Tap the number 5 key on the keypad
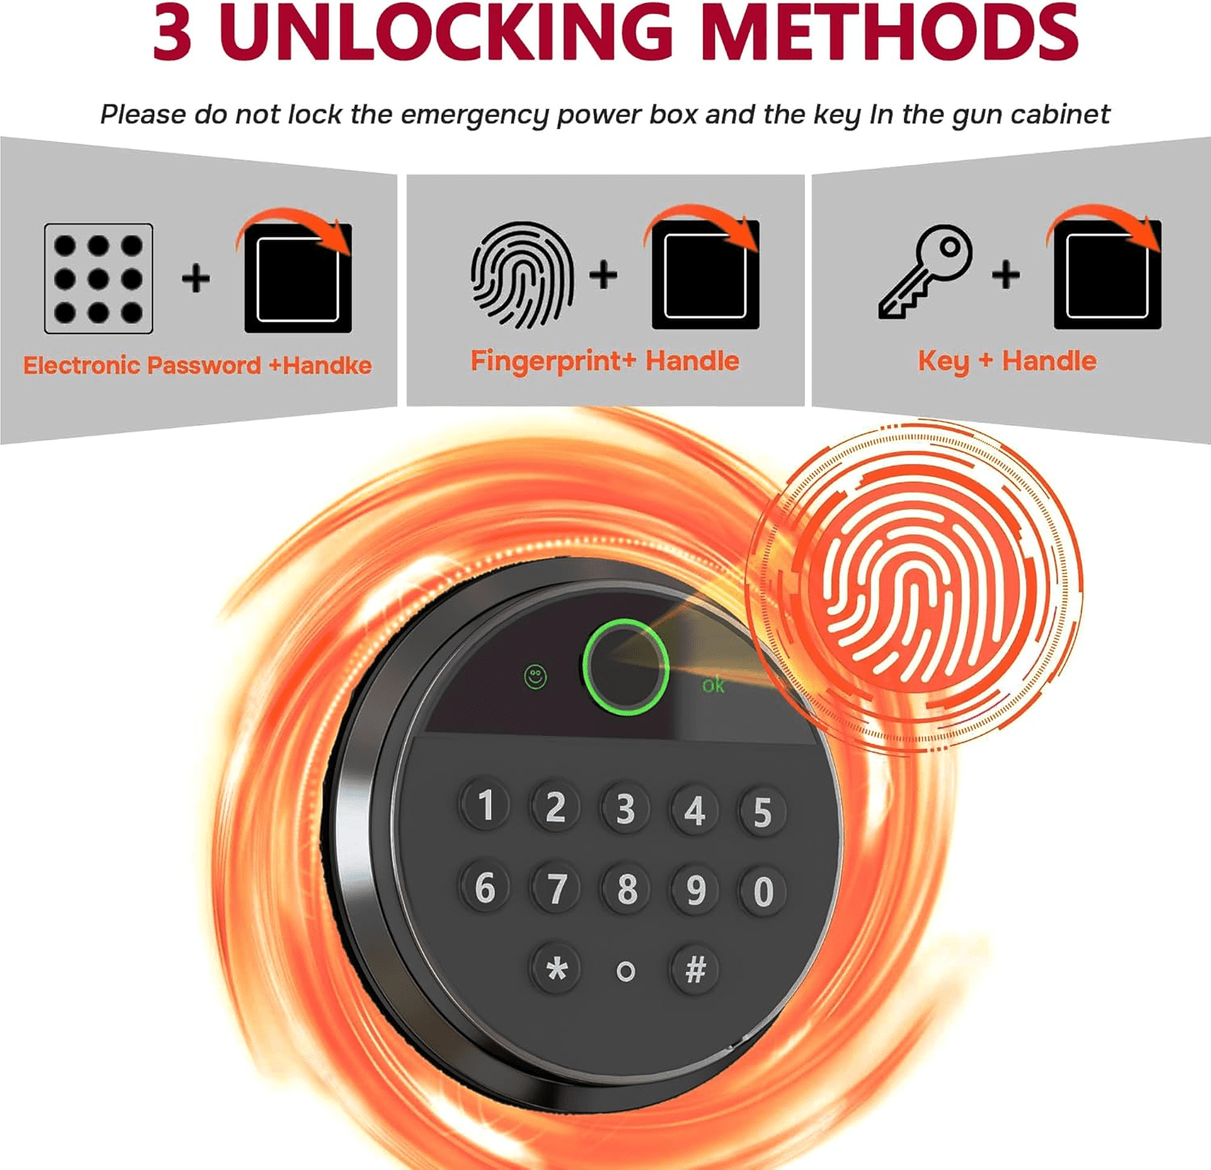tap(762, 812)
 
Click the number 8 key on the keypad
tap(626, 889)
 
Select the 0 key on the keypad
tap(763, 892)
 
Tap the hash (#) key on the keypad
tap(695, 969)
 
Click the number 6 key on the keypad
tap(485, 887)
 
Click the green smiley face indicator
tap(535, 677)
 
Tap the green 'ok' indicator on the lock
tap(713, 686)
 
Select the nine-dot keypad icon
tap(98, 278)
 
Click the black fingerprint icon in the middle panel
tap(522, 275)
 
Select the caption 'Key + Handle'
tap(1007, 361)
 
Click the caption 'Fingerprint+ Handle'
tap(605, 361)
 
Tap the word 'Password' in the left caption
tap(204, 366)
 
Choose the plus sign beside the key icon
tap(1006, 274)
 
